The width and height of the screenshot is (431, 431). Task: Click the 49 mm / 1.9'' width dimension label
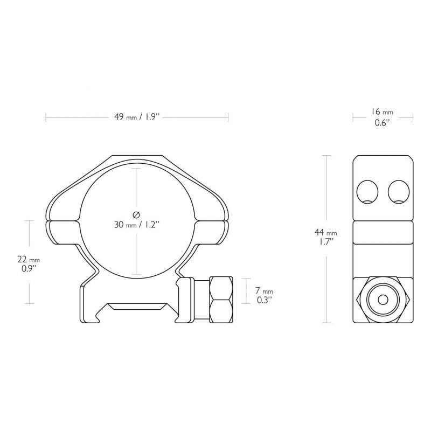click(137, 117)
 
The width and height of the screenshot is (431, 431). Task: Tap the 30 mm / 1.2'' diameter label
click(137, 225)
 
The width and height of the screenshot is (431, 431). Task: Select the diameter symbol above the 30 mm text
click(136, 214)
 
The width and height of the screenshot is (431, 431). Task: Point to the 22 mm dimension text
click(29, 260)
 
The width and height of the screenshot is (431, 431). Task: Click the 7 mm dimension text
click(264, 290)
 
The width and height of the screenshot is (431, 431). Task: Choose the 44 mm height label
click(326, 233)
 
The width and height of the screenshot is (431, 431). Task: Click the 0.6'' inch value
click(383, 123)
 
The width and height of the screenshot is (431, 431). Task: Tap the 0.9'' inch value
click(29, 268)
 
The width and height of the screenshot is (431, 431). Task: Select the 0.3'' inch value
click(265, 300)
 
